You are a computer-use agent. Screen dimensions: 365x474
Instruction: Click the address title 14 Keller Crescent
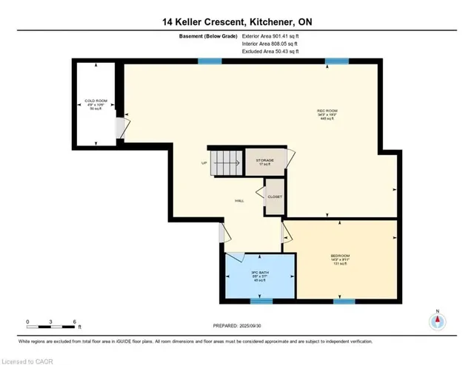pos(237,23)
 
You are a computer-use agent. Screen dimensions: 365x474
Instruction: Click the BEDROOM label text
pos(340,257)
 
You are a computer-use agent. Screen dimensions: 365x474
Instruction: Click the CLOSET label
pos(274,197)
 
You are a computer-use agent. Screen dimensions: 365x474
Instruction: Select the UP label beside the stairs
pos(204,163)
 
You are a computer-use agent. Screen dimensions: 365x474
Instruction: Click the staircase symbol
pos(225,161)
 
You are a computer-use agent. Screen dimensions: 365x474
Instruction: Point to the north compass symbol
pos(438,321)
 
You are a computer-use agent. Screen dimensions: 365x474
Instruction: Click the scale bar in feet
pos(52,322)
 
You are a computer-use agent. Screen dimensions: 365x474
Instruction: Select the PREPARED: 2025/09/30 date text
pos(237,326)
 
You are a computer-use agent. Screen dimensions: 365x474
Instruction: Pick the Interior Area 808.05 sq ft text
pos(270,44)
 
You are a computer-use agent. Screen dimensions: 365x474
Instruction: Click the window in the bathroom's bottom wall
pos(261,301)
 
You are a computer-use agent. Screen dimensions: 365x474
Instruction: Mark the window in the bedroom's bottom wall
pos(344,301)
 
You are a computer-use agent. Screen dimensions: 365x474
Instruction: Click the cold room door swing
pos(121,131)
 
